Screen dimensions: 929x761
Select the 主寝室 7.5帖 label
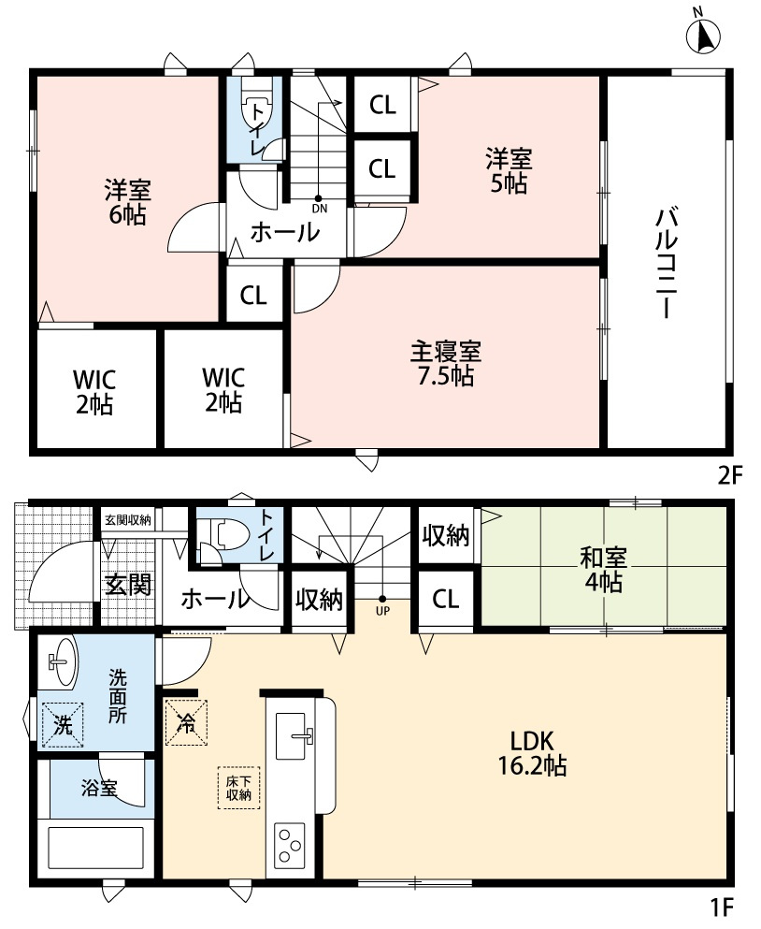point(446,364)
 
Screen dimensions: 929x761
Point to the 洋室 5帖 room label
point(506,170)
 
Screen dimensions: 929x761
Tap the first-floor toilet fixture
point(225,534)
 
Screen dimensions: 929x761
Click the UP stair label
point(381,609)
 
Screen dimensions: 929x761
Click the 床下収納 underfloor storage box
point(238,788)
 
